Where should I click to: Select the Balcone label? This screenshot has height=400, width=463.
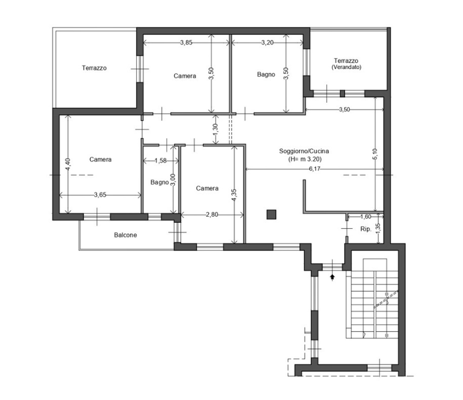click(126, 235)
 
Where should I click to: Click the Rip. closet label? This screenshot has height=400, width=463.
click(365, 229)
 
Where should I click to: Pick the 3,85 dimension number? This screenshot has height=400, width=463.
click(186, 43)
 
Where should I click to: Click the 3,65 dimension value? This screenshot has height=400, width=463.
click(100, 194)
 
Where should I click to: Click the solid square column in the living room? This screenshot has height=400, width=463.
click(271, 214)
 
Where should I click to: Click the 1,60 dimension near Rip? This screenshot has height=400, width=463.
click(365, 217)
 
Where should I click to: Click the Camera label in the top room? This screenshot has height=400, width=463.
click(185, 76)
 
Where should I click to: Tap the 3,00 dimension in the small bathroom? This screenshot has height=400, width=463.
click(173, 179)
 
